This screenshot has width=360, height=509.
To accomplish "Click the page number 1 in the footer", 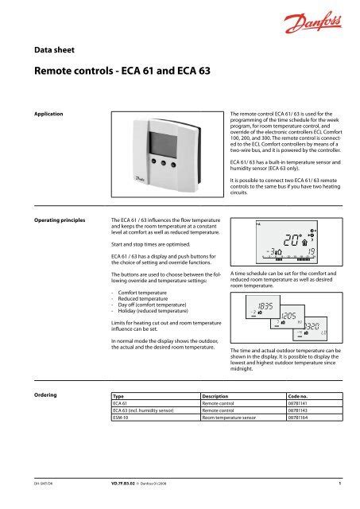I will click(x=339, y=481).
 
